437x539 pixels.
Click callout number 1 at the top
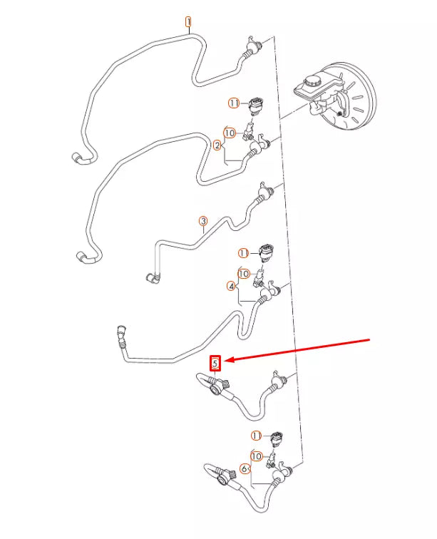pos(188,22)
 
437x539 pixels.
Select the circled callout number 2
pos(217,145)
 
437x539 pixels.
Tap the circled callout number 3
pos(203,221)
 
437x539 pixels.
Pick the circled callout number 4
pos(232,287)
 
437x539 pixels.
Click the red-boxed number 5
pos(215,363)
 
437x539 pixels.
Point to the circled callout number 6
pos(245,468)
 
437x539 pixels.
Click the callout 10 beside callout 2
pos(230,133)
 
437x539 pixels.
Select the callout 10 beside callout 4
pos(244,274)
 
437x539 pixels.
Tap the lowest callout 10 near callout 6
pos(257,456)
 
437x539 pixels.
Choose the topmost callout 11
pos(234,103)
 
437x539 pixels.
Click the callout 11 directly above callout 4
pos(244,254)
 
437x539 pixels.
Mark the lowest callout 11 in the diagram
pos(256,436)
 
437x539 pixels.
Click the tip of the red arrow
pos(225,361)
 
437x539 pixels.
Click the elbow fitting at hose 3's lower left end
pos(153,278)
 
